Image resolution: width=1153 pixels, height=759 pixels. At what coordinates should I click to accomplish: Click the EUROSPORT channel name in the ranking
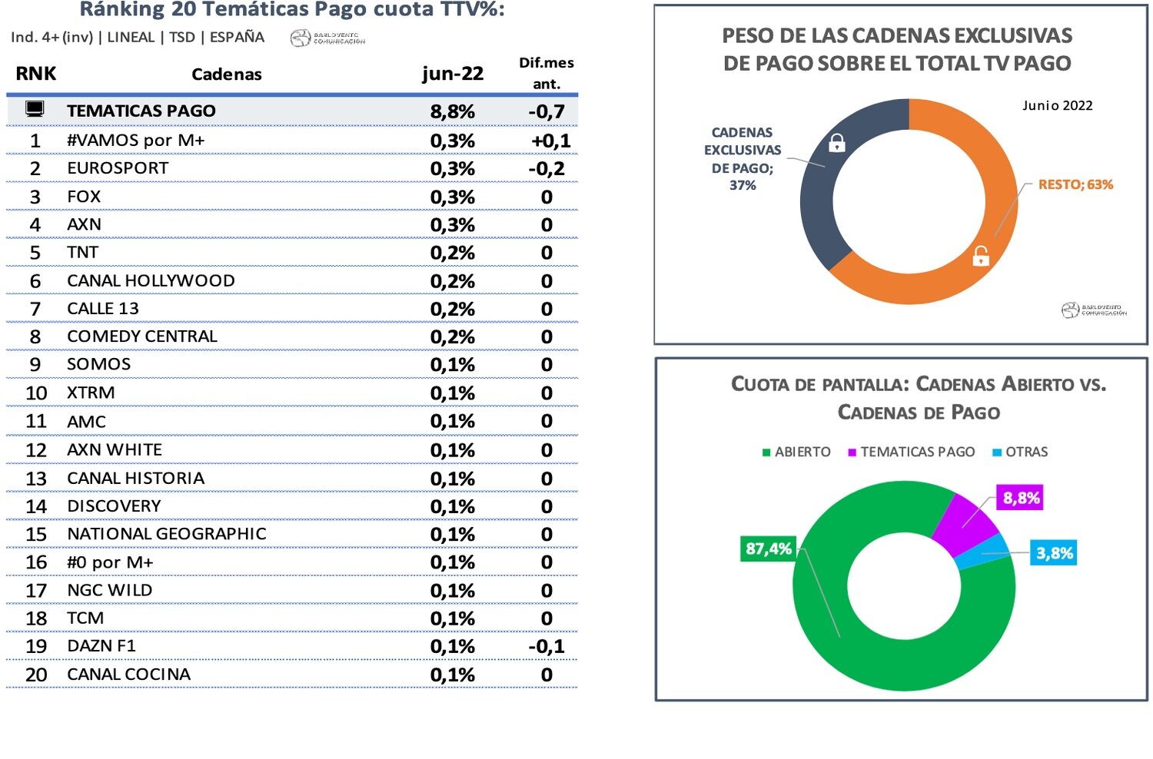[x=118, y=168]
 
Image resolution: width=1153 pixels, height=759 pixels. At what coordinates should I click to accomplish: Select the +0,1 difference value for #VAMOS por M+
[x=550, y=141]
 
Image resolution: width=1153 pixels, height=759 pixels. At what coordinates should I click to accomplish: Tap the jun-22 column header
[x=453, y=74]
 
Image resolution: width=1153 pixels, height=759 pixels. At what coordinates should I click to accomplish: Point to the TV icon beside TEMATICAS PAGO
[x=35, y=109]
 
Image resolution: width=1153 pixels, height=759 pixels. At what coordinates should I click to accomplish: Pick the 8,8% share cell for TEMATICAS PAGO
[x=452, y=111]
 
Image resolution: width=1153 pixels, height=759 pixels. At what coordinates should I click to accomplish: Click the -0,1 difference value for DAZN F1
[x=547, y=646]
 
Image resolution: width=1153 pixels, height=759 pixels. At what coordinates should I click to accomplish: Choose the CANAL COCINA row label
[x=128, y=674]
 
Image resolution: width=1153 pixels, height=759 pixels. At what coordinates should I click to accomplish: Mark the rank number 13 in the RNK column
[x=36, y=479]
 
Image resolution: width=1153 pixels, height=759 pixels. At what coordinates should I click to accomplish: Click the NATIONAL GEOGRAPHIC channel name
[x=167, y=534]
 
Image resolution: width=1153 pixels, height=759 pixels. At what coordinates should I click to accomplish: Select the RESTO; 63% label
[x=1075, y=184]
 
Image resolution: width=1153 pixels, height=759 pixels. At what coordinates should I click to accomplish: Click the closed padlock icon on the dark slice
[x=837, y=143]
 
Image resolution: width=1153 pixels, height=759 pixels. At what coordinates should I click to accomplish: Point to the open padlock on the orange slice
[x=981, y=256]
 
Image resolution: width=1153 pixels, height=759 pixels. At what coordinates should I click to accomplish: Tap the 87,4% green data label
[x=769, y=549]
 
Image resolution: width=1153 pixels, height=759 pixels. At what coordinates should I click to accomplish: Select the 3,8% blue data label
[x=1054, y=553]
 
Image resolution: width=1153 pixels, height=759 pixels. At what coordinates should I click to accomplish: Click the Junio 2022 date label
[x=1057, y=105]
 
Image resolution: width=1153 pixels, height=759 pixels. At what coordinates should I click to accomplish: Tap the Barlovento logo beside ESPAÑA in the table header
[x=327, y=38]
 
